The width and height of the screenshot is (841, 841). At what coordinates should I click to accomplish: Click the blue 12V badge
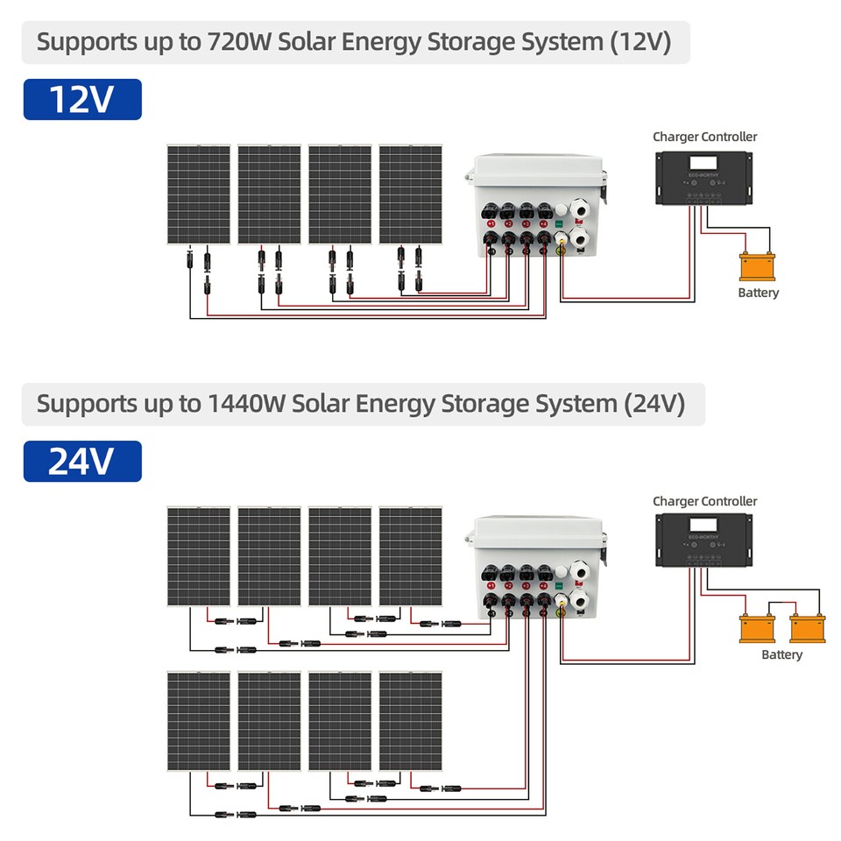[81, 99]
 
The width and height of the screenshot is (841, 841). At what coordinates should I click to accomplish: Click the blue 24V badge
[81, 461]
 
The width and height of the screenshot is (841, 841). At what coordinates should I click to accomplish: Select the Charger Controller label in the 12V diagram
[704, 137]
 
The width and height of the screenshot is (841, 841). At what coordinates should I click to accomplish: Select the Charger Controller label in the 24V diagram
[704, 501]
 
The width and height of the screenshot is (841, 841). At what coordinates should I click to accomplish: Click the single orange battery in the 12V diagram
[757, 265]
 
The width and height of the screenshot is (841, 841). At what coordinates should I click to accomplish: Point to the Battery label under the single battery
[758, 293]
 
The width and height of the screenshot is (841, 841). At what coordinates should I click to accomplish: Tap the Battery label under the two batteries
[781, 654]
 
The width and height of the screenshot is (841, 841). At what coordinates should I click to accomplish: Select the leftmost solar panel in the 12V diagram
[199, 194]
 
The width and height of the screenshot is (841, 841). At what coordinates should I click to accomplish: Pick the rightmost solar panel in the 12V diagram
[410, 194]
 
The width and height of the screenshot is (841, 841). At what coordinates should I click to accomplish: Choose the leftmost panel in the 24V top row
[199, 556]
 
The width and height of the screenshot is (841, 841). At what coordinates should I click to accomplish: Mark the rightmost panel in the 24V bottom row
[410, 721]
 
